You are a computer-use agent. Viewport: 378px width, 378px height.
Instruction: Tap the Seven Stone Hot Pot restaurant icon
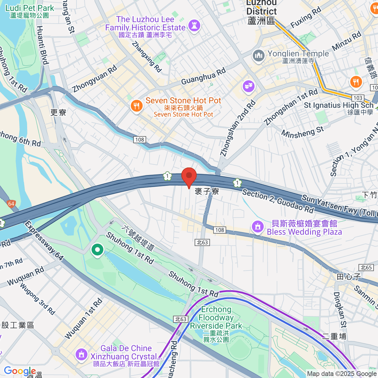click(x=136, y=106)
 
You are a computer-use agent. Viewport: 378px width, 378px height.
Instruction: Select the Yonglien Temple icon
click(x=259, y=56)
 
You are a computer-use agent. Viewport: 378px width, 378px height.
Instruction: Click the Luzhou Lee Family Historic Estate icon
click(x=194, y=26)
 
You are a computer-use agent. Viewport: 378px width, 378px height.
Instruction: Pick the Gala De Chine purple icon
click(x=81, y=355)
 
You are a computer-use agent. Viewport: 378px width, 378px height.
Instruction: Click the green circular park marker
click(x=97, y=250)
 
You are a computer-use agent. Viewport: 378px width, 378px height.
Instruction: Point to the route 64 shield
click(x=11, y=204)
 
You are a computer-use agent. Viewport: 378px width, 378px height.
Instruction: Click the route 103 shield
click(x=358, y=98)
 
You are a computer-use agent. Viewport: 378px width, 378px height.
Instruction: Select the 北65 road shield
click(x=366, y=267)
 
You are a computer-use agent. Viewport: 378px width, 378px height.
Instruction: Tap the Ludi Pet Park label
click(x=30, y=11)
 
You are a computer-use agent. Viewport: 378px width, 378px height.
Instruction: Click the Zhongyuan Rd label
click(x=94, y=79)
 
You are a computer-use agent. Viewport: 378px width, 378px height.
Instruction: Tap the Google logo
click(x=20, y=371)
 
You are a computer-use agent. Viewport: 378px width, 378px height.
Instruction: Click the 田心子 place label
click(x=349, y=277)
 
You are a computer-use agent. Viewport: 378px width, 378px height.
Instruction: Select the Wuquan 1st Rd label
click(x=84, y=318)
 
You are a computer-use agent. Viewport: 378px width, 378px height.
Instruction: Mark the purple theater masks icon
click(x=249, y=86)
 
